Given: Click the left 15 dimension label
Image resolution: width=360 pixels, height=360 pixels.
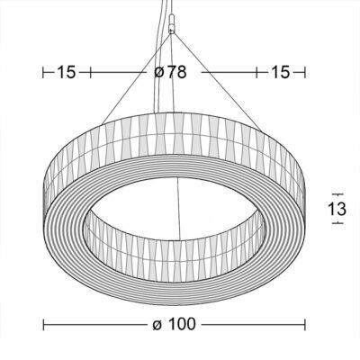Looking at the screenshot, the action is [67, 72].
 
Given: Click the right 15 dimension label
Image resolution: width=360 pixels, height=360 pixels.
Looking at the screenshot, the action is [280, 72].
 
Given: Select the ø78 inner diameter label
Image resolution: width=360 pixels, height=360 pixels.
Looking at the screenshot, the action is [170, 72].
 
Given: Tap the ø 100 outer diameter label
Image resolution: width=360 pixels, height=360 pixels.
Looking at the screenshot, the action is [174, 324].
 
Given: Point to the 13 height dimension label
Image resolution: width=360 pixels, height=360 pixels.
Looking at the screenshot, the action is [337, 209].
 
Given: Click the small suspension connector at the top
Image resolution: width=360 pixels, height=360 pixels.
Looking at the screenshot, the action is [171, 23].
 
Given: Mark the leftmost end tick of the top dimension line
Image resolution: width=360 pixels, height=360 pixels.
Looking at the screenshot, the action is [43, 72].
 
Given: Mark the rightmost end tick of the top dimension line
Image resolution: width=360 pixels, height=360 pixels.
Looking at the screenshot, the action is [305, 72].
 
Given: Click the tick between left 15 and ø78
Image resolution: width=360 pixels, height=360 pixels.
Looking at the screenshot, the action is [90, 72].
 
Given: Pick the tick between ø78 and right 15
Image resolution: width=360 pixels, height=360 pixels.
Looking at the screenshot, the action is [257, 72].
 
